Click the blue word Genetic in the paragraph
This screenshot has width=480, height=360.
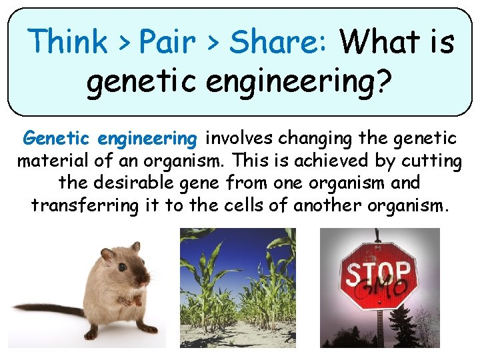coord(56,139)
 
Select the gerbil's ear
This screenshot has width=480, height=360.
coord(106,255)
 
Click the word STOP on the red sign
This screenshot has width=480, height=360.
coord(377,274)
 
